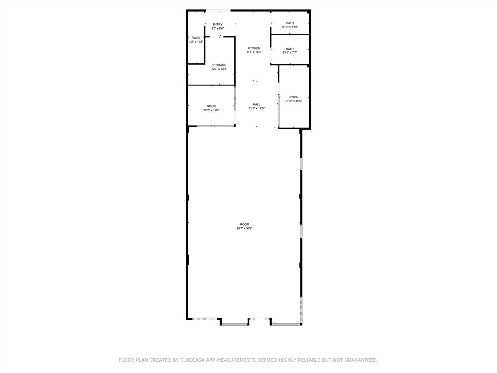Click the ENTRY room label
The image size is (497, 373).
pyautogui.click(x=217, y=24)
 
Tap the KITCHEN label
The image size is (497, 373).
pyautogui.click(x=254, y=48)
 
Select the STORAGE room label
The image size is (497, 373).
pyautogui.click(x=219, y=65)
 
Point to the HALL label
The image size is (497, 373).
pyautogui.click(x=256, y=104)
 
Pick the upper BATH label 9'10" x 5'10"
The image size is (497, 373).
pyautogui.click(x=290, y=23)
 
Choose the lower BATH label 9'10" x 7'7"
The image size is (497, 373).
pyautogui.click(x=290, y=49)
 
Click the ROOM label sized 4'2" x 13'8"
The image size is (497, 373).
pyautogui.click(x=196, y=38)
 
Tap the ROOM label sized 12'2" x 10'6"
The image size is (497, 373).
pyautogui.click(x=211, y=106)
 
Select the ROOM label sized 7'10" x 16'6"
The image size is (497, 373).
pyautogui.click(x=294, y=97)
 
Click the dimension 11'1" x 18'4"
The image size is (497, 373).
pyautogui.click(x=254, y=52)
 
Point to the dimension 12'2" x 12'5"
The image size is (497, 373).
pyautogui.click(x=219, y=69)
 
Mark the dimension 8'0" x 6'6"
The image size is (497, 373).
pyautogui.click(x=217, y=28)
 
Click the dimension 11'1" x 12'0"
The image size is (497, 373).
pyautogui.click(x=256, y=108)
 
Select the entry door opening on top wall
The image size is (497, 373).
pyautogui.click(x=217, y=10)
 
